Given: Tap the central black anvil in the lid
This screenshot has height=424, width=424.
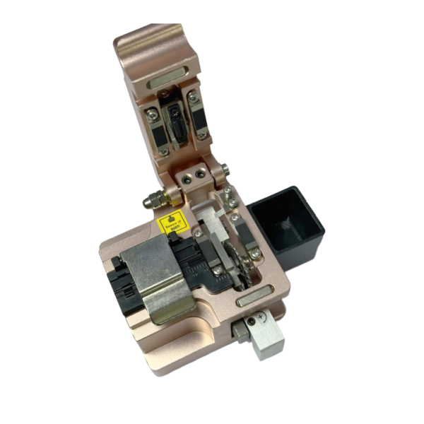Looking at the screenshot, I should (x=177, y=120).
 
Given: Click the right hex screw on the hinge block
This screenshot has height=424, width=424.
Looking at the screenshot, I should (x=207, y=172).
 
